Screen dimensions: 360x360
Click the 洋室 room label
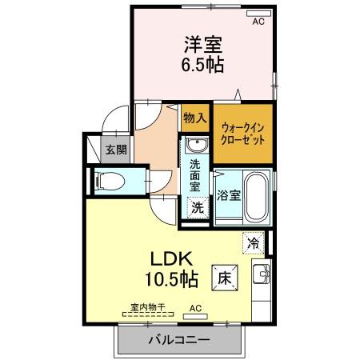[204, 43]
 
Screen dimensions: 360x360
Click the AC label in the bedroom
[258, 22]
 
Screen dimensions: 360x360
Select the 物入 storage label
[194, 118]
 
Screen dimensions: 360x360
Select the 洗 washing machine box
[196, 206]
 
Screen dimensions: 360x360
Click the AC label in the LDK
[196, 307]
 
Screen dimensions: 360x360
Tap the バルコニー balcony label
[178, 340]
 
